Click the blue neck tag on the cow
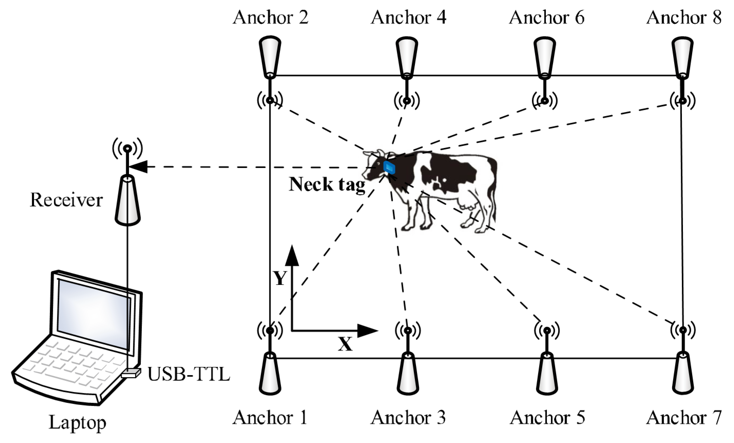(389, 167)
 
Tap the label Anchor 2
(270, 17)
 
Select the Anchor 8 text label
(684, 17)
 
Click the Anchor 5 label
(547, 417)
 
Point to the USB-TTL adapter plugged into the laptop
(131, 373)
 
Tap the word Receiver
(66, 200)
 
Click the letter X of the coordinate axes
(345, 345)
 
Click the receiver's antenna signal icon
(128, 148)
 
